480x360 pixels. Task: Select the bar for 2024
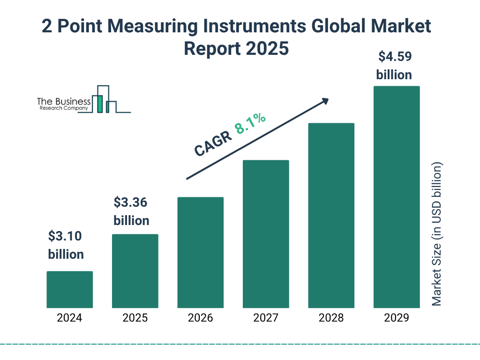(69, 289)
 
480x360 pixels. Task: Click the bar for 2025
(135, 271)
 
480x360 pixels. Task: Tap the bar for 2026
(200, 252)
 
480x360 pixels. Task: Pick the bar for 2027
(266, 234)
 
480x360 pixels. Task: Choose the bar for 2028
(331, 216)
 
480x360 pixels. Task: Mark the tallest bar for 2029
(397, 197)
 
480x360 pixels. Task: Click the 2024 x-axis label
(69, 318)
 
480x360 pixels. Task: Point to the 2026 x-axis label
(200, 318)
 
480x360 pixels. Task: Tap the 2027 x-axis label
(266, 318)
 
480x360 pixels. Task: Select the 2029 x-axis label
(397, 318)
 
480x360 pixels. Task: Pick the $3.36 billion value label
(131, 211)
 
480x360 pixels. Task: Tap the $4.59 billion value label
(394, 66)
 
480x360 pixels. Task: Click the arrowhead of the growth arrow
(325, 101)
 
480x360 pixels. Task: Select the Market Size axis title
(437, 234)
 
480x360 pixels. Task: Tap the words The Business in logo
(64, 102)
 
